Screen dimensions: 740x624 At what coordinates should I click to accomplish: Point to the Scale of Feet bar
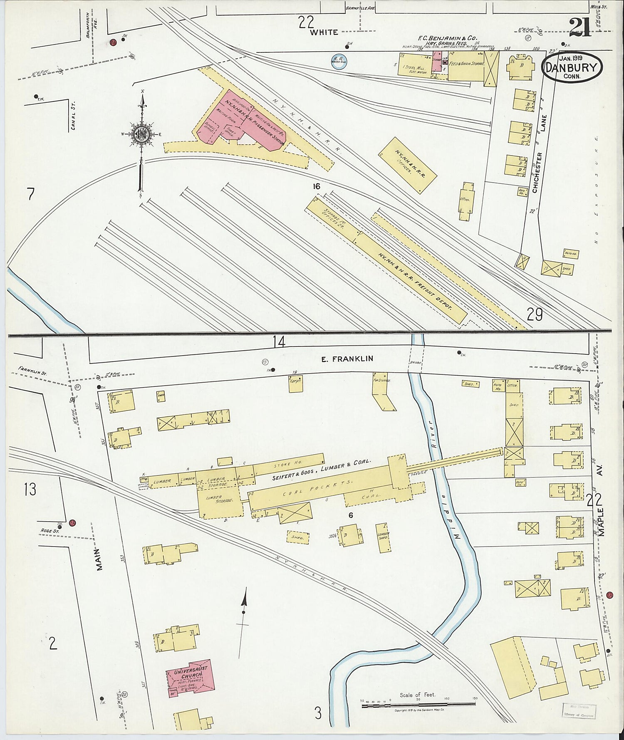(418, 704)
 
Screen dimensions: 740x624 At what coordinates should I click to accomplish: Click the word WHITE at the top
(324, 32)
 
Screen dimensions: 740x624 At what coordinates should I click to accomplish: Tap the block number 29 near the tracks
(535, 315)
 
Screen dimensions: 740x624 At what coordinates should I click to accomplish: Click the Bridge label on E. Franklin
(416, 363)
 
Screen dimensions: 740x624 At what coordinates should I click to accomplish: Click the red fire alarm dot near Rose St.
(72, 523)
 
